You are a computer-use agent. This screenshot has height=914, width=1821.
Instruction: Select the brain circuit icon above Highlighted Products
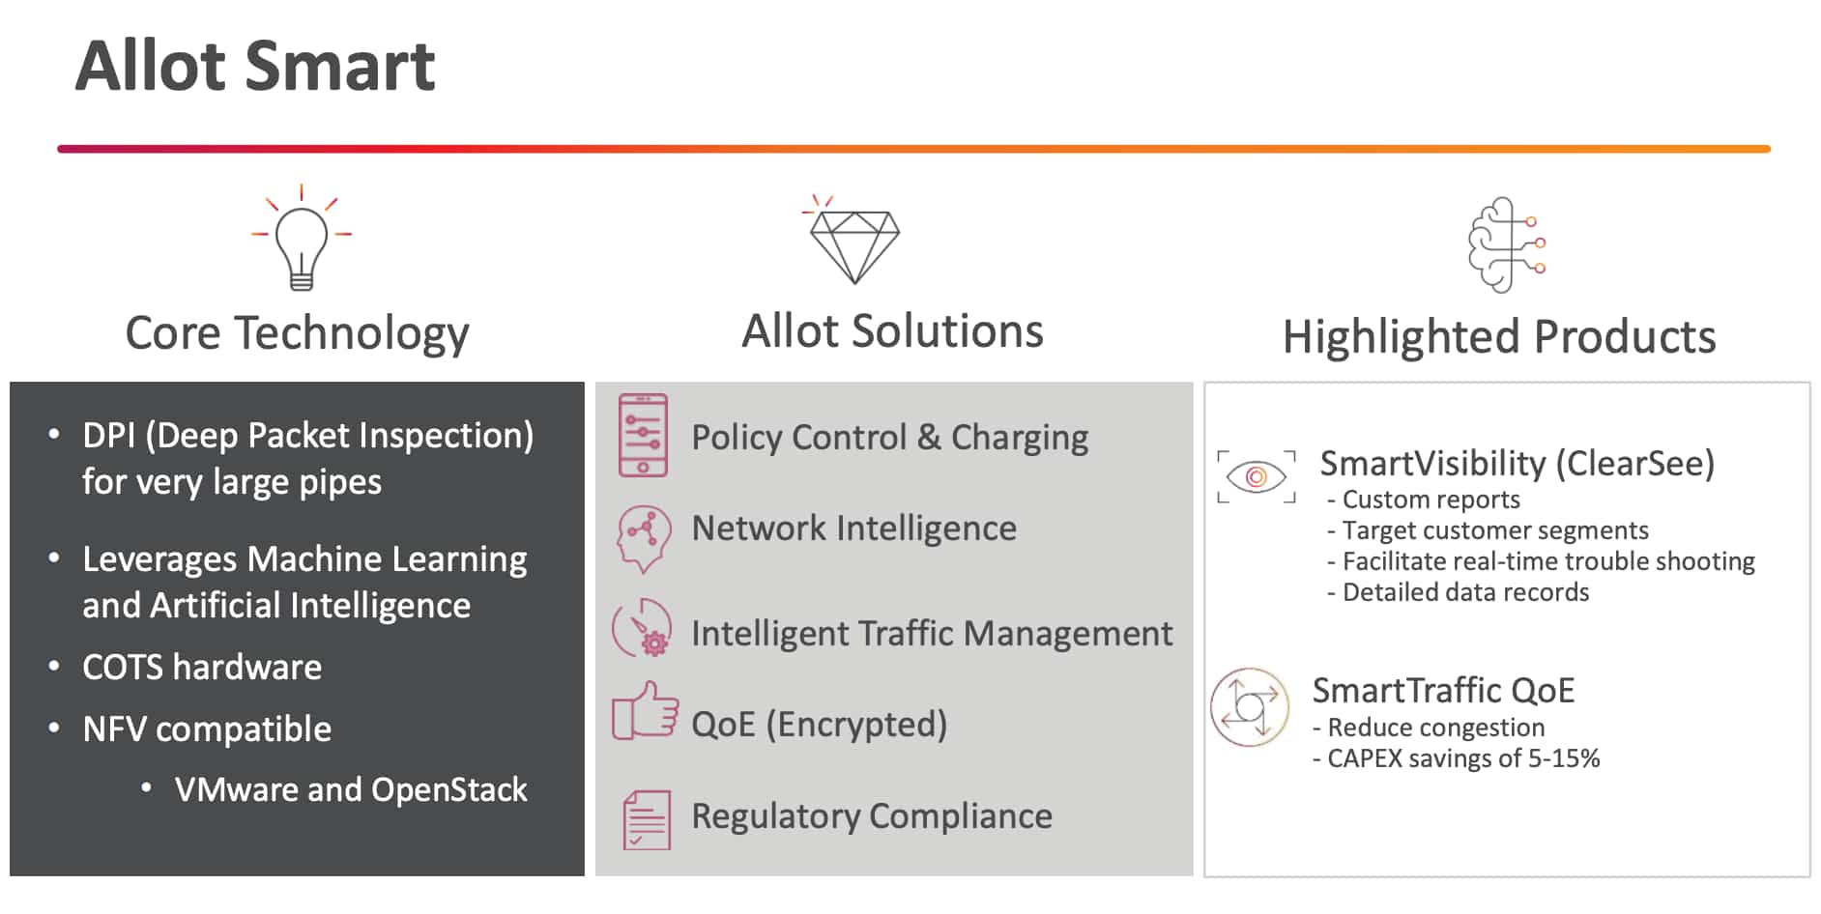(x=1504, y=244)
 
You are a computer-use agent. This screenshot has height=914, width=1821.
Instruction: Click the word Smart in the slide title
(x=340, y=67)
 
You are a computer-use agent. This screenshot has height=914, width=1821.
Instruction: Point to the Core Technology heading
(x=297, y=333)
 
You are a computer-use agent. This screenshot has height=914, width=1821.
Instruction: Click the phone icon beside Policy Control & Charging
(x=643, y=436)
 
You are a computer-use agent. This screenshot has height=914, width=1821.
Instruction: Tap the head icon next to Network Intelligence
(x=643, y=537)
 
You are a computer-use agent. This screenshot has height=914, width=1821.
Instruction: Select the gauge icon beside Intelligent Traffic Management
(x=643, y=629)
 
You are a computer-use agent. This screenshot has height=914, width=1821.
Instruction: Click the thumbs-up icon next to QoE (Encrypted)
(x=645, y=712)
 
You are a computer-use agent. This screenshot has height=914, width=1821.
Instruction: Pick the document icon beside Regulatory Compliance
(x=647, y=819)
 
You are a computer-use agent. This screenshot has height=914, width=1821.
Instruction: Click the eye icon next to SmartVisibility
(x=1256, y=476)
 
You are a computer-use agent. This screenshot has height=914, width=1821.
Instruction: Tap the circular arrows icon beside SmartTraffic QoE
(x=1250, y=707)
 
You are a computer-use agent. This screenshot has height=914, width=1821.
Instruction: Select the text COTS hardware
(x=201, y=668)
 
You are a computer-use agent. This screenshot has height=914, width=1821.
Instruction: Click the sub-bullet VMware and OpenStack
(x=350, y=790)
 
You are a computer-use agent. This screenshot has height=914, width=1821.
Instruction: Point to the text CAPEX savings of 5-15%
(x=1462, y=758)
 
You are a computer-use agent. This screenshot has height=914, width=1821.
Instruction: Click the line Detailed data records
(x=1464, y=592)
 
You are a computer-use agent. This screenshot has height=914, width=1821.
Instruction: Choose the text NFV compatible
(x=206, y=729)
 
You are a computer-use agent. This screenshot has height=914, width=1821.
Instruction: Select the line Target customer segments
(x=1494, y=530)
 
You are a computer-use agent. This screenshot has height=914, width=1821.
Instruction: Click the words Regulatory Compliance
(x=871, y=816)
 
